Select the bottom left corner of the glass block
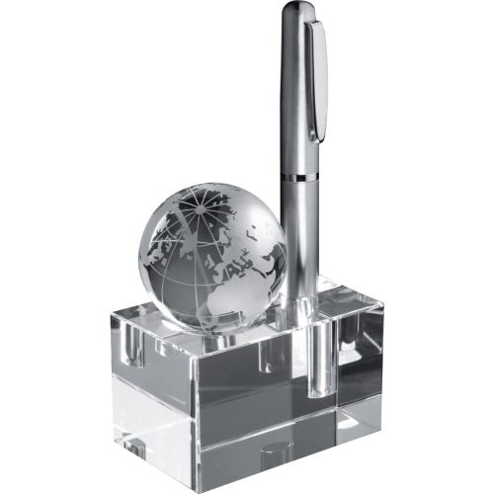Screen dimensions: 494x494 pos(111,434)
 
